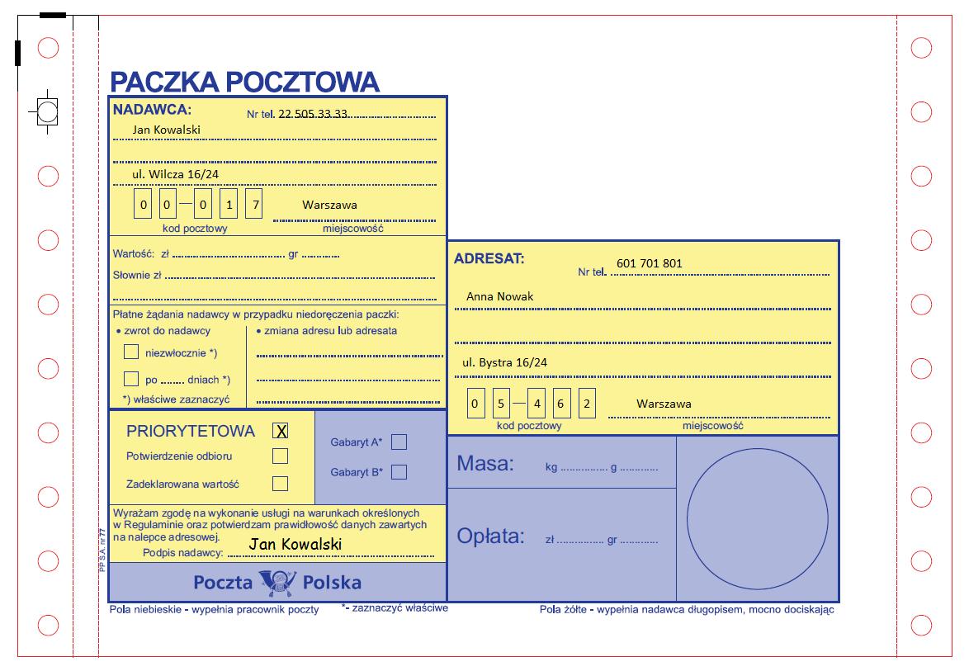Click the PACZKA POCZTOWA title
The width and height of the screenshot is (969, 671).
click(x=244, y=82)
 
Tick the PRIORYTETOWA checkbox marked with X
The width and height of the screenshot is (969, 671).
click(x=281, y=431)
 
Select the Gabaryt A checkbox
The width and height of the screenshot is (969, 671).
click(x=399, y=442)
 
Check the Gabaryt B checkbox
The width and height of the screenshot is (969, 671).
click(x=399, y=472)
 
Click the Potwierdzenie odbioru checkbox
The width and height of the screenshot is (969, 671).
click(x=281, y=456)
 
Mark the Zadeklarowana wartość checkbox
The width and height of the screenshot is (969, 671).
click(x=281, y=484)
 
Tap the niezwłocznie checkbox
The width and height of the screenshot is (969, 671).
click(x=131, y=352)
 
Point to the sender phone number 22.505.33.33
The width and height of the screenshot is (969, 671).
click(x=314, y=114)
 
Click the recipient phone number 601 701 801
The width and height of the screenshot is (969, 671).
click(x=650, y=263)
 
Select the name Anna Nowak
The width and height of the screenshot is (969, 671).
click(x=500, y=296)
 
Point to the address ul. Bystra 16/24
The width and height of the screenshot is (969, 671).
click(x=504, y=362)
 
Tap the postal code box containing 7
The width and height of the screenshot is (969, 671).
click(x=253, y=204)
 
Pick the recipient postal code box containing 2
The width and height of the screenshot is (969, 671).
click(x=587, y=404)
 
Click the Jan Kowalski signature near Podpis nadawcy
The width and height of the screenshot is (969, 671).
click(x=295, y=544)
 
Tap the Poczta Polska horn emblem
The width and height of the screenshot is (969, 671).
click(x=278, y=583)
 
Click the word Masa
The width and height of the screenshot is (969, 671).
click(x=485, y=464)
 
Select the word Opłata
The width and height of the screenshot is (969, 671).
click(x=490, y=536)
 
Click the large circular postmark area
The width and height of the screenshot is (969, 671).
click(x=757, y=518)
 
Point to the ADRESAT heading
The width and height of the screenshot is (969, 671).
click(x=489, y=258)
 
